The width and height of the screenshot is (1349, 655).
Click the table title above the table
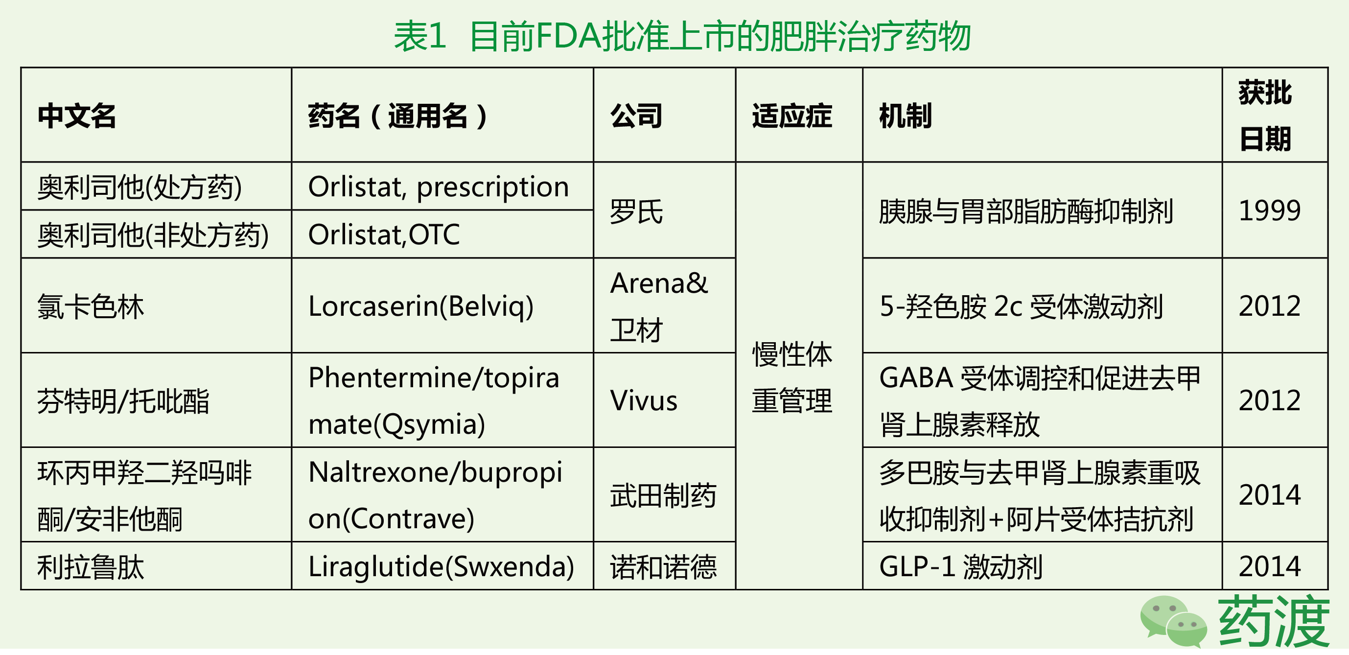point(682,37)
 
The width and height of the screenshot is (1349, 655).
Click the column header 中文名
point(76,116)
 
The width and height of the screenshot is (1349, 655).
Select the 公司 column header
point(636,116)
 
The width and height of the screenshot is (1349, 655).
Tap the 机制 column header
point(906,116)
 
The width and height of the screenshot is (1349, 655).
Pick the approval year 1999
point(1269,211)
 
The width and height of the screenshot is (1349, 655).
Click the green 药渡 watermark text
point(1273,622)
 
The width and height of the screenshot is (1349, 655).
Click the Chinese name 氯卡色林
point(91,307)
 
